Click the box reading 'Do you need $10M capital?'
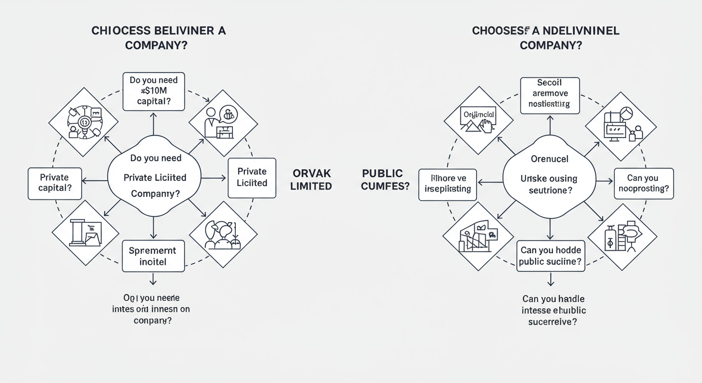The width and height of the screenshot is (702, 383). (154, 92)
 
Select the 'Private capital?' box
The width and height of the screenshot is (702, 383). (55, 184)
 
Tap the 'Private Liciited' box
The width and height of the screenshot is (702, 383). (252, 177)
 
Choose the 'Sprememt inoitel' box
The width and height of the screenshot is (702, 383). (153, 256)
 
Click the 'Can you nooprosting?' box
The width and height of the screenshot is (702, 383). (643, 184)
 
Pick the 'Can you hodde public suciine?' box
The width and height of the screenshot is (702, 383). (550, 256)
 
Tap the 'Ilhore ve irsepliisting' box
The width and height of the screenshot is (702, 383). (448, 184)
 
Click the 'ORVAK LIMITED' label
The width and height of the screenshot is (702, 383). (312, 180)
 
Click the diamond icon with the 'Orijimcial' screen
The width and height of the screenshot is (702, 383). (478, 121)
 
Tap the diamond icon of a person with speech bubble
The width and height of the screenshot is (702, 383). (223, 123)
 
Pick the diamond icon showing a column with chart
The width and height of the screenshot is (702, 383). (85, 233)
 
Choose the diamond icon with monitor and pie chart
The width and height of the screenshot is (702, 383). (621, 126)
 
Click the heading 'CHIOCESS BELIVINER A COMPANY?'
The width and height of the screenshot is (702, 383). (159, 37)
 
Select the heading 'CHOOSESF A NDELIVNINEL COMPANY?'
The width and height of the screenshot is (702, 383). (545, 37)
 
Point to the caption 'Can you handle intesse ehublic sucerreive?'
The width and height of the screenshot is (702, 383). (553, 310)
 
